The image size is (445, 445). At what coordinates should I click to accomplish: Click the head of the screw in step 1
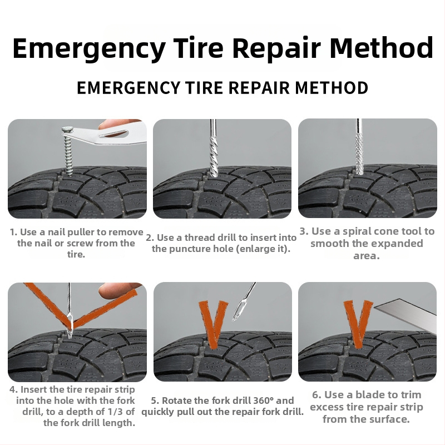pos(68,130)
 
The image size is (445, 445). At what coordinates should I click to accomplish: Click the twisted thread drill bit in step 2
pos(214,156)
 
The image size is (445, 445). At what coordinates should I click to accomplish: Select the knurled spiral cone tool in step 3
pos(359,154)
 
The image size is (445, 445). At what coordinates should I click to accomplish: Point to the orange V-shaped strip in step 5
pos(214,324)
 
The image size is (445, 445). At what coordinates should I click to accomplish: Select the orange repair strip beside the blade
pos(358,324)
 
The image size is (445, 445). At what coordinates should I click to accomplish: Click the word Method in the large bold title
pos(381,48)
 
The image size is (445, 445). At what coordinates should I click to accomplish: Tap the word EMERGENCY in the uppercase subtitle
pos(128,87)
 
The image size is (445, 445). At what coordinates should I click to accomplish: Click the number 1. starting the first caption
pos(13,232)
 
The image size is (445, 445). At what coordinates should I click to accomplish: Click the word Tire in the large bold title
pos(198,48)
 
